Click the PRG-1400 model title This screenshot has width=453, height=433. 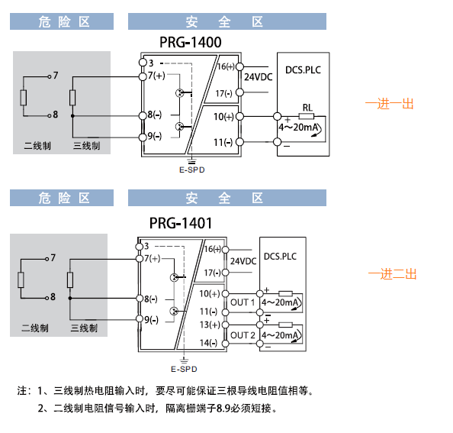[x=191, y=42]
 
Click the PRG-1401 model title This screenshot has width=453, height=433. [x=181, y=223]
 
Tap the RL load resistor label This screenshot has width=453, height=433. [x=307, y=108]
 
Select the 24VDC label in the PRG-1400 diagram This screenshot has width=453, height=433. [x=259, y=77]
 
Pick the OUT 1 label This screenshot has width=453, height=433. [x=243, y=302]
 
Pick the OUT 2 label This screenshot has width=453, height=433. [x=243, y=335]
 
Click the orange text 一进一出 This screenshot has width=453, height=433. [x=389, y=104]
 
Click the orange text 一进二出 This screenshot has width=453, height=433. [x=392, y=274]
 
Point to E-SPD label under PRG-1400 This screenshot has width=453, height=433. [x=192, y=170]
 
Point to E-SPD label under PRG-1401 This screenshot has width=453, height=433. [x=184, y=370]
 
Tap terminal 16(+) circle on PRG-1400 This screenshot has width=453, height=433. [x=239, y=66]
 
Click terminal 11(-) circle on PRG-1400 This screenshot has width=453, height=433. [x=239, y=142]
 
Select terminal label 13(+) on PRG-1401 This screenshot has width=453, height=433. [x=210, y=325]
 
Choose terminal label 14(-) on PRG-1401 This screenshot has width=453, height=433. [x=209, y=343]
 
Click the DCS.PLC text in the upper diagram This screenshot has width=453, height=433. [x=303, y=70]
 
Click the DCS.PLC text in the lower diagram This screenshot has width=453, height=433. [x=280, y=257]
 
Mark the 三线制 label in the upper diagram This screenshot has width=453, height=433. [x=87, y=146]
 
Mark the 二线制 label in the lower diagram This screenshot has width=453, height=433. [x=35, y=328]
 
